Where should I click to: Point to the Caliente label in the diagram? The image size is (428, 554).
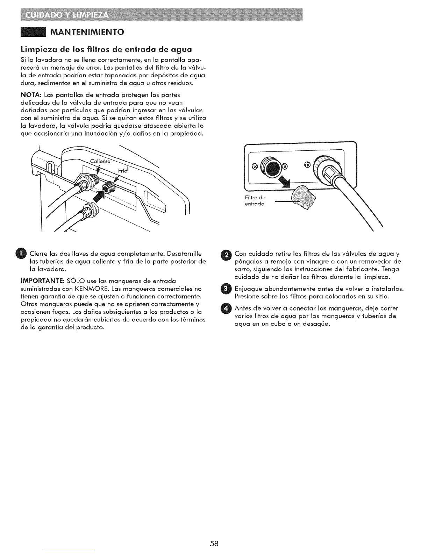click(100, 161)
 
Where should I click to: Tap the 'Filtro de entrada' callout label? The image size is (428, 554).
click(254, 201)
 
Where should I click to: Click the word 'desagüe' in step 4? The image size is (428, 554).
click(315, 324)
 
